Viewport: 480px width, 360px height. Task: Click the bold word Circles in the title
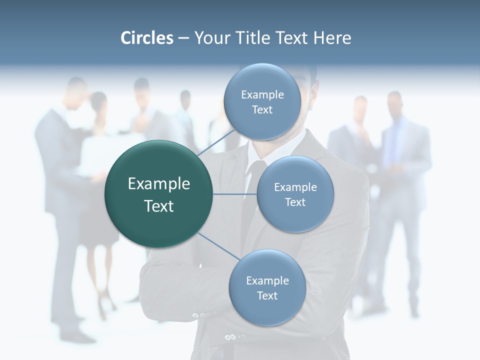[147, 38]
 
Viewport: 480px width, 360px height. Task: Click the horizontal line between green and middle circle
[235, 194]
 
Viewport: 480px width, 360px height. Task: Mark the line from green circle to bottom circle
[218, 246]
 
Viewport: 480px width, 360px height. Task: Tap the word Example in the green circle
[159, 184]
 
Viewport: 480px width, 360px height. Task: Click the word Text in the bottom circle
[267, 296]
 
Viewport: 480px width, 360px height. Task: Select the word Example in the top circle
[262, 95]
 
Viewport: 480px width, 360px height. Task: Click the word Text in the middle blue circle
[295, 202]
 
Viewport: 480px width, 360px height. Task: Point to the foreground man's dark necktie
[250, 200]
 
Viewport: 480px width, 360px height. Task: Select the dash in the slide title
[183, 38]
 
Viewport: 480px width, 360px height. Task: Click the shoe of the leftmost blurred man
[80, 336]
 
